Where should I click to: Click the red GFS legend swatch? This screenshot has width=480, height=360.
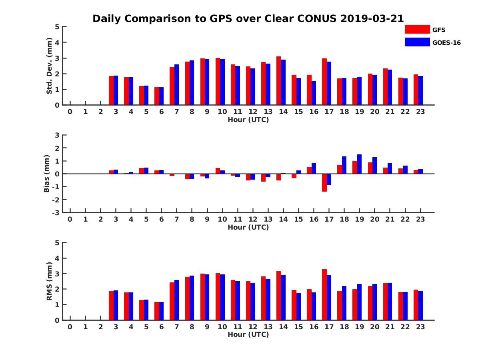click(x=417, y=29)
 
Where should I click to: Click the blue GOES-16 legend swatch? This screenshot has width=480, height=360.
click(x=417, y=42)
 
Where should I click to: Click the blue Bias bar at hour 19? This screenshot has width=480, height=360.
click(x=360, y=164)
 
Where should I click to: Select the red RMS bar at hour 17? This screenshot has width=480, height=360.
click(x=324, y=294)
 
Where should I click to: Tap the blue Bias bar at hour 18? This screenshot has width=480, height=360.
click(x=344, y=165)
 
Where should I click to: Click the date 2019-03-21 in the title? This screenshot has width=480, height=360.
click(x=372, y=19)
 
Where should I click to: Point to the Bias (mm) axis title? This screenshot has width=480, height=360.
click(x=47, y=174)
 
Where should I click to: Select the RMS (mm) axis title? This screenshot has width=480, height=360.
click(x=49, y=281)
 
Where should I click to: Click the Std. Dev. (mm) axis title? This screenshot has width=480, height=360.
click(x=49, y=66)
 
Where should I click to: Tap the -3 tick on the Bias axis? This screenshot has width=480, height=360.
click(x=57, y=212)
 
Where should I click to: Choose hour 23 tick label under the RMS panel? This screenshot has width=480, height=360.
click(x=420, y=327)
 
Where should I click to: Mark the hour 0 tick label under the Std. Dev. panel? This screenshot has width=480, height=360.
click(x=70, y=112)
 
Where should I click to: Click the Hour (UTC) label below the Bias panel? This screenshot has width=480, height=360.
click(x=248, y=227)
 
